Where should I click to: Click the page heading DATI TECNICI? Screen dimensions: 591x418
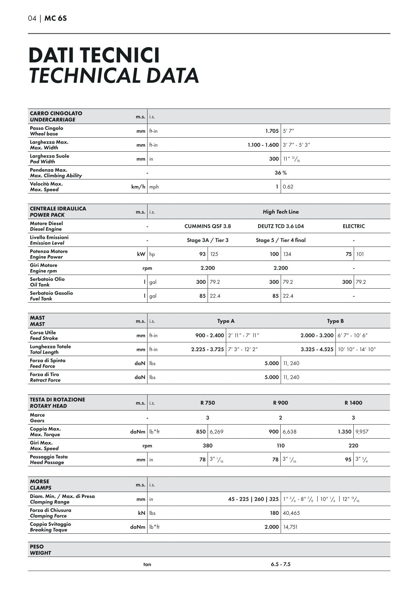tap(94, 55)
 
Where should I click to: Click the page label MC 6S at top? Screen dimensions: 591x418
tap(55, 18)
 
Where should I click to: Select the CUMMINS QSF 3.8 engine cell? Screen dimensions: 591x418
tap(208, 226)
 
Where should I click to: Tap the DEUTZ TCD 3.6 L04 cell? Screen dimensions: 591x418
tap(281, 226)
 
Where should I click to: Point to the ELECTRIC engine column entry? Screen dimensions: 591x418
tap(354, 226)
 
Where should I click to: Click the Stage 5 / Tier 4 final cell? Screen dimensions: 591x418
tap(281, 240)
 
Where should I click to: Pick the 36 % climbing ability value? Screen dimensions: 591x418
tap(281, 173)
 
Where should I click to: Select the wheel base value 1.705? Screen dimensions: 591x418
tap(272, 131)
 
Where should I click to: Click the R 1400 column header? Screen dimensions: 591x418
tap(353, 403)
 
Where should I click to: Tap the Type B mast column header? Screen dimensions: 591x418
tap(335, 321)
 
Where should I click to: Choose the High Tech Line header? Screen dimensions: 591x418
tap(281, 212)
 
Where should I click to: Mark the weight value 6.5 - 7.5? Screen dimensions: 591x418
tap(281, 564)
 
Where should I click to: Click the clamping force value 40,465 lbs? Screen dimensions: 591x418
tap(291, 513)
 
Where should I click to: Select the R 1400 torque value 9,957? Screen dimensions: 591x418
tap(362, 432)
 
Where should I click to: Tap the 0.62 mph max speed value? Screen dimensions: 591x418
tap(288, 187)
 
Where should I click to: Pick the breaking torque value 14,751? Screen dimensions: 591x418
tap(290, 527)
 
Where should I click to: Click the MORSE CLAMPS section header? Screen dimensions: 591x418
tap(40, 485)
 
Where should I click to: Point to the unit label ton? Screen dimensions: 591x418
tap(147, 564)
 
